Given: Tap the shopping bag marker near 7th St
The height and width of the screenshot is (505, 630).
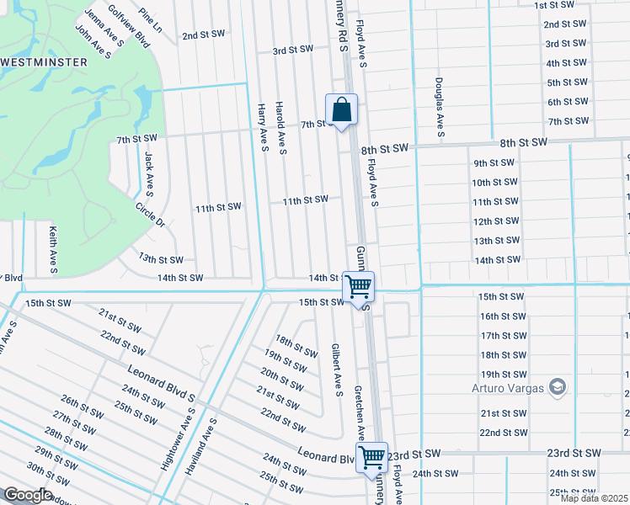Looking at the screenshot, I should point(341,110).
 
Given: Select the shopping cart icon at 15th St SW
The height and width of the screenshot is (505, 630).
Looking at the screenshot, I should point(359,288).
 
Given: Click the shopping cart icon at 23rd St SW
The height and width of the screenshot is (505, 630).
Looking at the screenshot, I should point(371,458).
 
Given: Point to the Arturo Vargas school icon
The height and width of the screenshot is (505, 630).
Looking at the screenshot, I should point(556,387).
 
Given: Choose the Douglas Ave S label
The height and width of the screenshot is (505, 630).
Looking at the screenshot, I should point(440,108).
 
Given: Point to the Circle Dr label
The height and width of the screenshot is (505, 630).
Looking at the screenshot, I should point(150,215).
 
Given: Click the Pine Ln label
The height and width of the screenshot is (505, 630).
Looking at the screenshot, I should point(149,14).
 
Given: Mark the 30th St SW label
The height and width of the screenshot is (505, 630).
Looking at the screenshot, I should point(46,468).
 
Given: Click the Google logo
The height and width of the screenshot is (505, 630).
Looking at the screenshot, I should point(27,495).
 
